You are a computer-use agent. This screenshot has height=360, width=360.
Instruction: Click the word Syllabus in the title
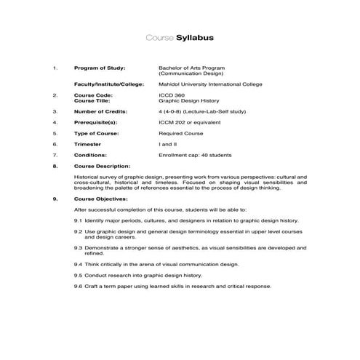195,37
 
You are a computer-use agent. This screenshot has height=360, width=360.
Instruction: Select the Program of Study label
100,68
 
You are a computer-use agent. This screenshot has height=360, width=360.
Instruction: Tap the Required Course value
180,134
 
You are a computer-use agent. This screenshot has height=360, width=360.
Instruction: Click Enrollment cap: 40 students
194,155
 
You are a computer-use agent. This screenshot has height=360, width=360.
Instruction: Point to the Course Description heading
103,167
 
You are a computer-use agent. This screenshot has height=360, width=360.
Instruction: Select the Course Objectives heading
101,198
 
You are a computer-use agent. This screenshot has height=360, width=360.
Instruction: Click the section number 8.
55,167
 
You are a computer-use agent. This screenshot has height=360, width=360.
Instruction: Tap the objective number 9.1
78,219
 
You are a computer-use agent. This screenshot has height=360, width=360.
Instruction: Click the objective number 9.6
78,286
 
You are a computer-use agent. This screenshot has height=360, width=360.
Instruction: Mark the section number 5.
55,134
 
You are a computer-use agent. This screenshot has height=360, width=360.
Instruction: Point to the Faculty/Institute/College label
110,84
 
